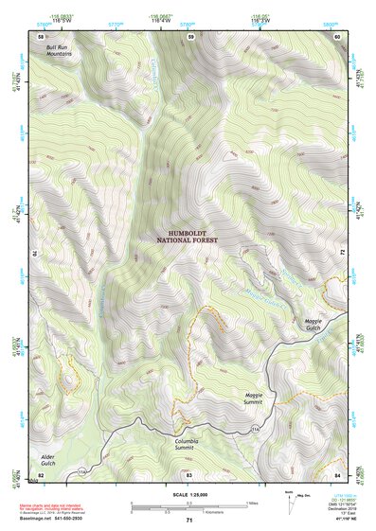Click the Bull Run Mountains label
click(59, 50)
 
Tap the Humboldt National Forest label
click(187, 237)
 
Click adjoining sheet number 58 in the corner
click(41, 36)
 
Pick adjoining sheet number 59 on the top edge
click(189, 36)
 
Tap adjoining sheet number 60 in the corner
click(337, 36)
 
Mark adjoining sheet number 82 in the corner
click(41, 473)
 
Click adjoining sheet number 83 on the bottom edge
click(188, 473)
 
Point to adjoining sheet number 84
click(337, 473)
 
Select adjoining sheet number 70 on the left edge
click(40, 254)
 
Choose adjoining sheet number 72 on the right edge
click(338, 254)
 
